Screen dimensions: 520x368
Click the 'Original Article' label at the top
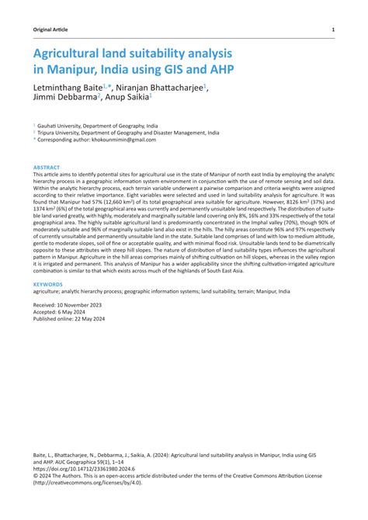coord(50,29)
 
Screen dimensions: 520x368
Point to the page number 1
coord(333,29)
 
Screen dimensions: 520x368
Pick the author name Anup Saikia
coord(127,99)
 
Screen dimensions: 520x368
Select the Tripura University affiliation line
coord(119,132)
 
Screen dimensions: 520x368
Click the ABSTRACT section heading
coord(47,167)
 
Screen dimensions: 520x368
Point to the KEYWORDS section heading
coord(48,285)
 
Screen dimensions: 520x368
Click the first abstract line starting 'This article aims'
coord(183,175)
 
